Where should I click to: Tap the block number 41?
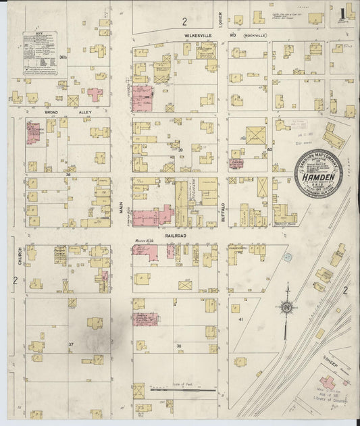pyautogui.click(x=240, y=317)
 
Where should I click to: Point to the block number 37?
pyautogui.click(x=70, y=344)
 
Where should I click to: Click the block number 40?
pyautogui.click(x=269, y=149)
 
